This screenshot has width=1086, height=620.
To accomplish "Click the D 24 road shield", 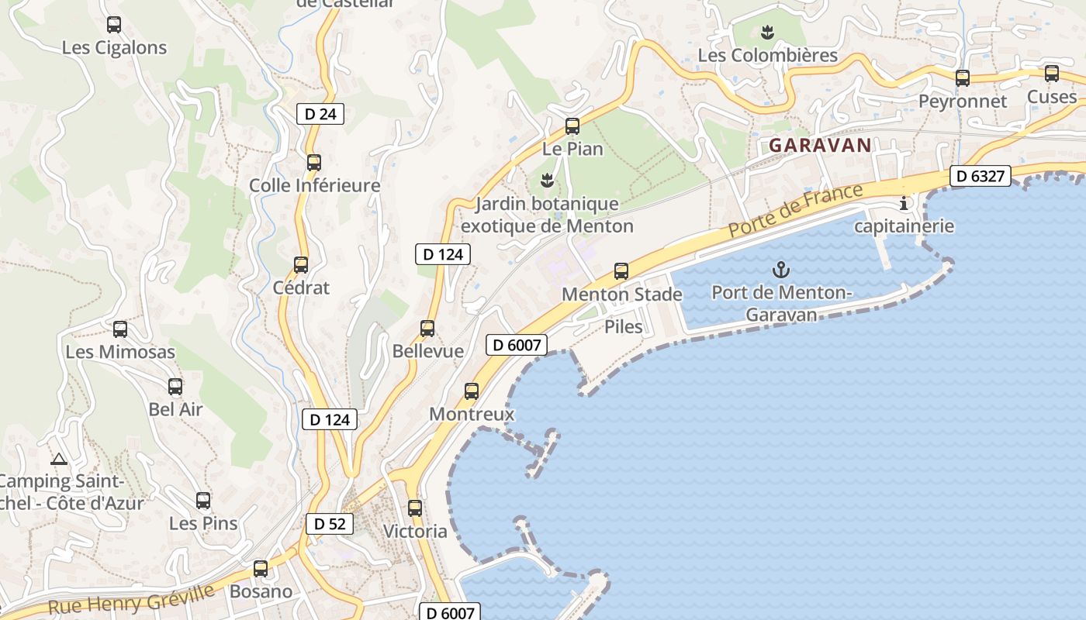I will coord(320,114).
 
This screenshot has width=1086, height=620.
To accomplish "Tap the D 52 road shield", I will coord(330,524).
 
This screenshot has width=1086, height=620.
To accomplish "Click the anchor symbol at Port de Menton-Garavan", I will coord(781,270).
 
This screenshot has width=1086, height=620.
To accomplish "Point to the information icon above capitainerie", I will coord(903,204).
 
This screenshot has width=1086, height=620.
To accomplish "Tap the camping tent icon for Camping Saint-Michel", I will coord(59,459).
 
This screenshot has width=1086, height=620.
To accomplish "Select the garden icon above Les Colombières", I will coord(767,33).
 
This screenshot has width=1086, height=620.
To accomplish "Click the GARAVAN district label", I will coord(820,145).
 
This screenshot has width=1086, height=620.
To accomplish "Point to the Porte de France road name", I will coord(795,210).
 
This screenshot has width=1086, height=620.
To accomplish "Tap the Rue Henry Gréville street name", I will coord(131,600).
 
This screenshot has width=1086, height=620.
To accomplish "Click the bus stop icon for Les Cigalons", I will coord(114,25).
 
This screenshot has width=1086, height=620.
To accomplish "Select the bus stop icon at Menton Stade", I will coord(621,271).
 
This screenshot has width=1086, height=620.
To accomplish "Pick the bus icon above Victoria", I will coord(415,508).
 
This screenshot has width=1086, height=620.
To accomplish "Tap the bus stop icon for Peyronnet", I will coord(962,77).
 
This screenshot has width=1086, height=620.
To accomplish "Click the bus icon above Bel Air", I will coord(175,386).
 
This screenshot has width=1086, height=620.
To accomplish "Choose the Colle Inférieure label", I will coord(314,185).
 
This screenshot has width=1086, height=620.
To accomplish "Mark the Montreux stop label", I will coord(472,414).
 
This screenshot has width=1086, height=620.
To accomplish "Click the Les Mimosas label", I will coord(120,352).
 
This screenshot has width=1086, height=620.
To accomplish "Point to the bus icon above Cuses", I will coord(1051,74).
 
